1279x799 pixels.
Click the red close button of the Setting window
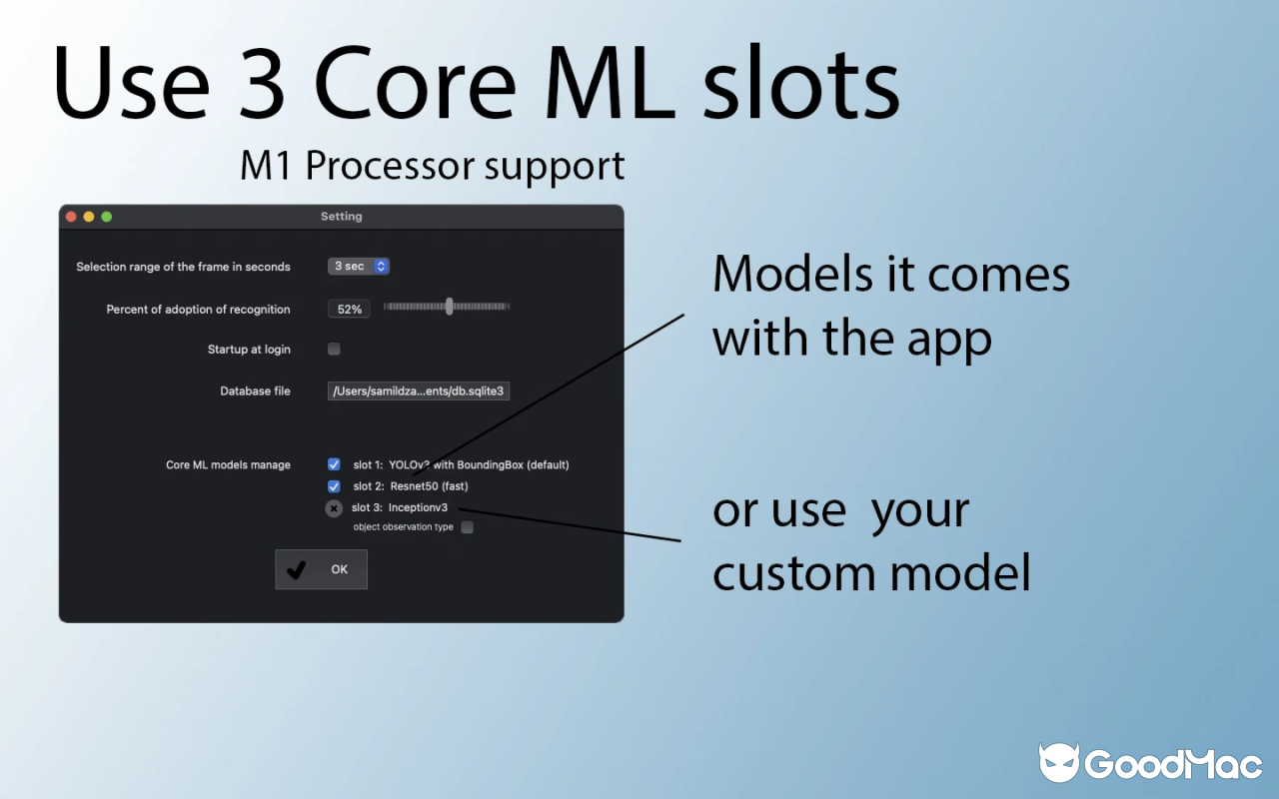(x=71, y=217)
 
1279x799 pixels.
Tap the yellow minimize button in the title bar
(x=89, y=217)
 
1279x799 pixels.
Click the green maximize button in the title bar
(x=107, y=217)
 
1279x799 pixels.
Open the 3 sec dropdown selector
(x=359, y=267)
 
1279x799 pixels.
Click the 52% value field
(x=349, y=309)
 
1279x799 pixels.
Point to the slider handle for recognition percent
(x=450, y=307)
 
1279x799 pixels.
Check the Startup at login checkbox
(x=334, y=349)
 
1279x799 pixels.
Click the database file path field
(x=419, y=391)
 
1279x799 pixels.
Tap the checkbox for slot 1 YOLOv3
(x=334, y=464)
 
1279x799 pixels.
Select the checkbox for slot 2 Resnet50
(x=334, y=486)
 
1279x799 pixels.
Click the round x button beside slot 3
(x=334, y=508)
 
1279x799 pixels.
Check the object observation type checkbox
(x=467, y=526)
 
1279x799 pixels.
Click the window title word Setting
(x=342, y=217)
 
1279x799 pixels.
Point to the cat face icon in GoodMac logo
(x=1059, y=762)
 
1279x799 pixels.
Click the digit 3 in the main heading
(x=262, y=82)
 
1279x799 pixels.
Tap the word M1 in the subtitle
(x=265, y=166)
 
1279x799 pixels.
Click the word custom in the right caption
(x=792, y=573)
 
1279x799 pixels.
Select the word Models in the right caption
(x=793, y=274)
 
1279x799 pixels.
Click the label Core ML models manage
(x=228, y=465)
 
